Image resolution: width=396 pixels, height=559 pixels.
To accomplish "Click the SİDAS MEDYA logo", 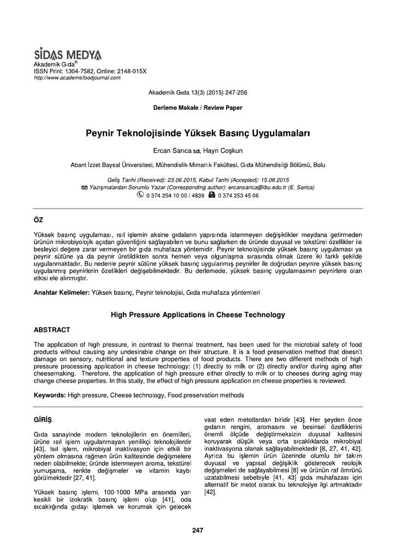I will coord(68,55).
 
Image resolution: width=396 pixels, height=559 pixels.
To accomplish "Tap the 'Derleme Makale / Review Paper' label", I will coord(198,108).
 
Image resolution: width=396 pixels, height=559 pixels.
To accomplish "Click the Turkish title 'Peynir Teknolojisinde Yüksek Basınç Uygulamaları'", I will coord(198,133).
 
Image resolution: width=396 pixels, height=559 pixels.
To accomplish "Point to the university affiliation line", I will coord(198,164).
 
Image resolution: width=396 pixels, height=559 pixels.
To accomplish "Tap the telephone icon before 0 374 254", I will coord(140,194).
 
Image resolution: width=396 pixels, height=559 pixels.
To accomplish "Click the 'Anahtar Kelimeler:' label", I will coord(62,293).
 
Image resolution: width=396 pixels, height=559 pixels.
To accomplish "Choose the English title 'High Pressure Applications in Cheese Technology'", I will coord(198,315).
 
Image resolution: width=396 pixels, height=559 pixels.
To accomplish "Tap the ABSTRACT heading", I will coord(52,330).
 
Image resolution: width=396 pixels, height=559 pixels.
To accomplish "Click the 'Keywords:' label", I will coord(50,394).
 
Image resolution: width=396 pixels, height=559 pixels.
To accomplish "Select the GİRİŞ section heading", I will coord(42,419).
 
